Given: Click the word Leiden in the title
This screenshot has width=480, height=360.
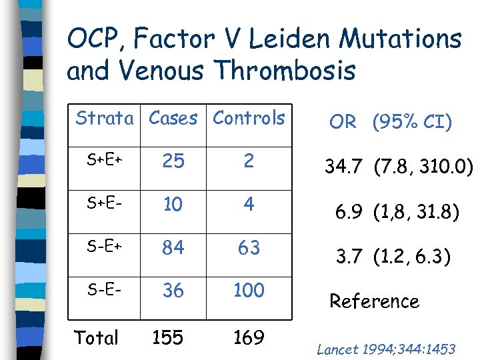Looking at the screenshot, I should pyautogui.click(x=312, y=39).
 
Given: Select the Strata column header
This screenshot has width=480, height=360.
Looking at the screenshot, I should pyautogui.click(x=104, y=119).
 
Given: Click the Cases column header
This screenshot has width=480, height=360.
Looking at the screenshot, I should pyautogui.click(x=173, y=119).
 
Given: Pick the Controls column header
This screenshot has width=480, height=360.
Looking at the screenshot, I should pyautogui.click(x=249, y=119).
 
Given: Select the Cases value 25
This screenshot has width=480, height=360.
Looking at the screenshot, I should pyautogui.click(x=173, y=161).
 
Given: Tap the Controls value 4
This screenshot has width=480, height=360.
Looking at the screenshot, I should pyautogui.click(x=249, y=204).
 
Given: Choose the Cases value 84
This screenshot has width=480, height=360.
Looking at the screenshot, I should pyautogui.click(x=173, y=247).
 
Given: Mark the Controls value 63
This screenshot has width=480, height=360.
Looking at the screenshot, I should pyautogui.click(x=249, y=247).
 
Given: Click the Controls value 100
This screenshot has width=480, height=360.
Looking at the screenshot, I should pyautogui.click(x=249, y=291).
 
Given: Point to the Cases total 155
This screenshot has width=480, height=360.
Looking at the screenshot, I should pyautogui.click(x=167, y=337).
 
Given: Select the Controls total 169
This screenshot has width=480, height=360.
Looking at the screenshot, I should pyautogui.click(x=249, y=337).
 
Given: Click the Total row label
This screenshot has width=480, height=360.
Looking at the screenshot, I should pyautogui.click(x=96, y=337).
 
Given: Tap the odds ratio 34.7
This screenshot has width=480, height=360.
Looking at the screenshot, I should pyautogui.click(x=344, y=166).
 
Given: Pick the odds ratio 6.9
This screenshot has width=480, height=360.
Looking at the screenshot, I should pyautogui.click(x=350, y=213).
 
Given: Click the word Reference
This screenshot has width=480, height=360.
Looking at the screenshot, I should pyautogui.click(x=374, y=301).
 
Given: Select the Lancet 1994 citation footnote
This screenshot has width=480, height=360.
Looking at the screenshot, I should pyautogui.click(x=386, y=349).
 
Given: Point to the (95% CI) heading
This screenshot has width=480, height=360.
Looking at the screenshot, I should pyautogui.click(x=412, y=123).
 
